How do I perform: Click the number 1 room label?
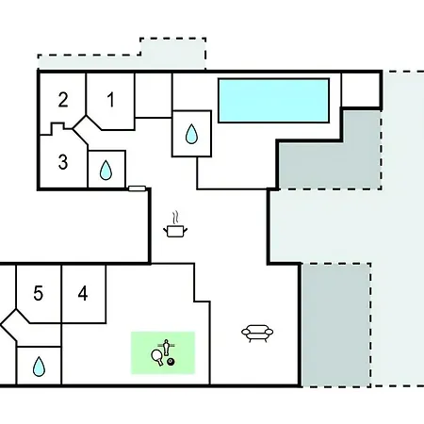point(110,100)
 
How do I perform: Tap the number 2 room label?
point(63,100)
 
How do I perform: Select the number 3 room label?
point(63,162)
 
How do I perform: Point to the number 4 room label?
point(83,294)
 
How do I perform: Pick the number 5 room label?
point(39,294)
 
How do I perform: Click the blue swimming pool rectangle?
point(273,100)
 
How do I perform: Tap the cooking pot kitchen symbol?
point(175,232)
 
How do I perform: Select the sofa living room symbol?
point(257,333)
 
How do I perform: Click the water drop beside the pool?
point(191,134)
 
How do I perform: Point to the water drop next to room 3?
point(106,171)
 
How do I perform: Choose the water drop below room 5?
point(39,367)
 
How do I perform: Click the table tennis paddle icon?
point(157,357)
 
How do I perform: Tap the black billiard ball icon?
point(171,362)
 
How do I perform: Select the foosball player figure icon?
point(166,348)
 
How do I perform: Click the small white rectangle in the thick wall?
point(138,188)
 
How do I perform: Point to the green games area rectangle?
point(163,352)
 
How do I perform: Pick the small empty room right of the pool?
point(361,90)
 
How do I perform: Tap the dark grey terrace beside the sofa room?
point(336,325)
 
